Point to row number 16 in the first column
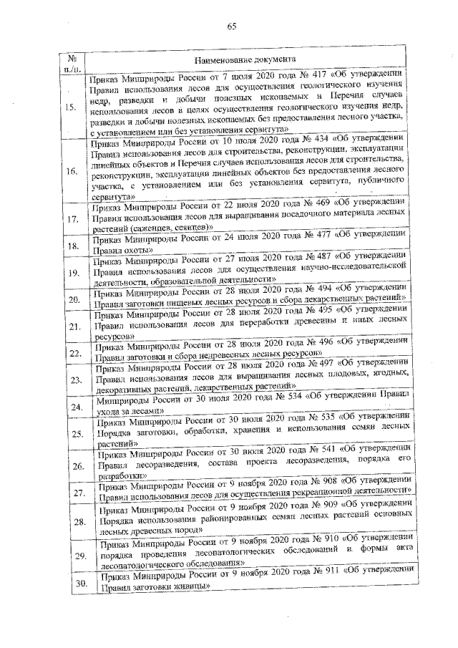tap(72, 172)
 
